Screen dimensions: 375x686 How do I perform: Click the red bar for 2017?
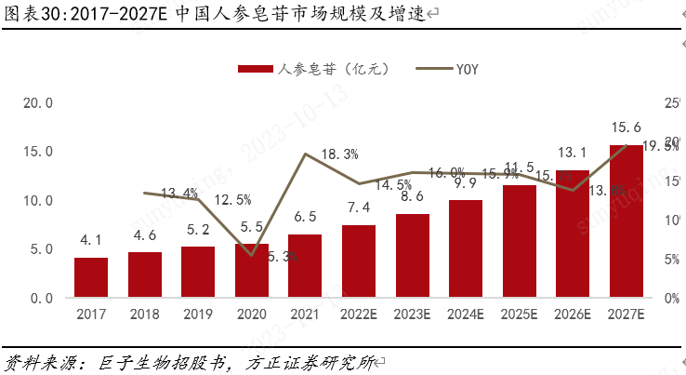tap(91, 277)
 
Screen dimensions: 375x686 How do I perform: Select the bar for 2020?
tap(251, 271)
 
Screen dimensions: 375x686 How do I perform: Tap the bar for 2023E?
tap(412, 256)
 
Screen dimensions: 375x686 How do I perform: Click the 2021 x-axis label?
tap(305, 315)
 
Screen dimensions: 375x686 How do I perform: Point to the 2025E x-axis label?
tap(519, 315)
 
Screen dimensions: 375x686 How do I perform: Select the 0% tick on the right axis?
tap(672, 298)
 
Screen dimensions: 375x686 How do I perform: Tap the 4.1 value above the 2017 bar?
tap(91, 240)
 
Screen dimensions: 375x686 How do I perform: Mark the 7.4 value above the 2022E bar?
tap(359, 207)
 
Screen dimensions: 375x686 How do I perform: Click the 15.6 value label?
tap(625, 127)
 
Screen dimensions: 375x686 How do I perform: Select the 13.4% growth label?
tap(179, 194)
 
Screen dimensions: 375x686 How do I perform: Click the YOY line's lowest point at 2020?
tap(251, 254)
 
